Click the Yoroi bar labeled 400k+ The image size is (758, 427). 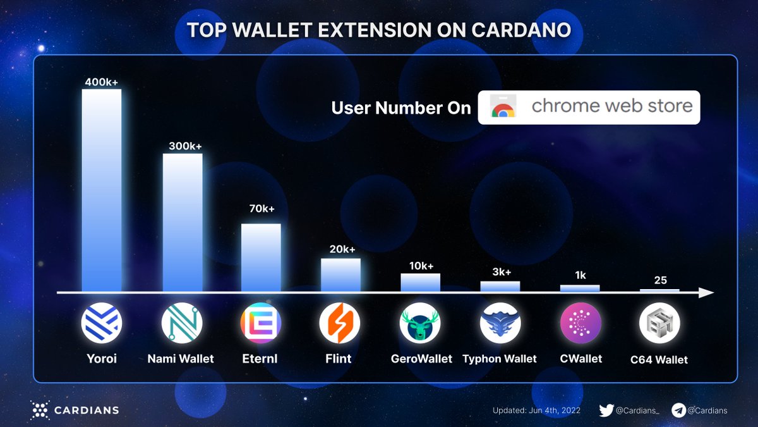(x=101, y=190)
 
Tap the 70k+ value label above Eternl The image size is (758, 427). (x=262, y=209)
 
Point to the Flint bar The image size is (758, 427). (x=340, y=275)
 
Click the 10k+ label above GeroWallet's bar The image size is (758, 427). (x=421, y=266)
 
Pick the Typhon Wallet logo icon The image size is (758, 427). (x=500, y=323)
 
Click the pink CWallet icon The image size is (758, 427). (x=580, y=323)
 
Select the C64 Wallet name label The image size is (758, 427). (x=659, y=360)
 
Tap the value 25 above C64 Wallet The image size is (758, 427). (x=660, y=280)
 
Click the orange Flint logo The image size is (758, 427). (x=340, y=323)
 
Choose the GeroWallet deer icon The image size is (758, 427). (x=420, y=323)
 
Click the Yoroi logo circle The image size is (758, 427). (x=101, y=323)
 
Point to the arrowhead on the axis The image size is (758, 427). (x=706, y=293)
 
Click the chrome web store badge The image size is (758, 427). (x=589, y=107)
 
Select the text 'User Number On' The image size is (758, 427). (x=401, y=108)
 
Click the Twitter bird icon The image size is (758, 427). (x=606, y=410)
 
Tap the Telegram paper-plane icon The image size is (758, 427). (x=679, y=410)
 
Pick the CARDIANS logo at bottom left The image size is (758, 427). (x=75, y=410)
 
